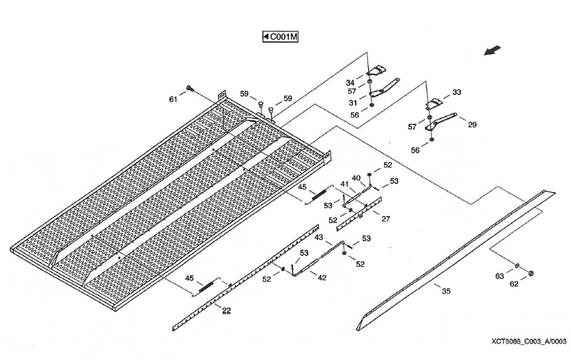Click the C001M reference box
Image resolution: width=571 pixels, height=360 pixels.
click(x=281, y=36)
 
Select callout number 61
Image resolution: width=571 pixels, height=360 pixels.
click(x=174, y=100)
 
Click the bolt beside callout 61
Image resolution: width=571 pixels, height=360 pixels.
click(x=189, y=89)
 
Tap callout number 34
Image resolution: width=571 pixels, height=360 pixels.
click(x=350, y=82)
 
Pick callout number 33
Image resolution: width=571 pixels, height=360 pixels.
click(x=456, y=92)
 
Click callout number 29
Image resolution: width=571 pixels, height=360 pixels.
click(x=472, y=125)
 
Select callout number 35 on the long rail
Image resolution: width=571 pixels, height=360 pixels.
click(x=445, y=292)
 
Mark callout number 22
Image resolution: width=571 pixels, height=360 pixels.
click(x=226, y=311)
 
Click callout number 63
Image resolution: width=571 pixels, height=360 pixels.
click(x=499, y=276)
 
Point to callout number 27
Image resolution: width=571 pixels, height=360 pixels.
click(x=386, y=219)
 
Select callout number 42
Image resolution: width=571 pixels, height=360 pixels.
click(x=321, y=278)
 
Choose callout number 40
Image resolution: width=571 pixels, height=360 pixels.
click(x=356, y=178)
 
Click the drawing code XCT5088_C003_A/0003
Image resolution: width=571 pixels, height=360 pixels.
click(x=528, y=341)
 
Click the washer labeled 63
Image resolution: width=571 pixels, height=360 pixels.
click(x=517, y=265)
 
